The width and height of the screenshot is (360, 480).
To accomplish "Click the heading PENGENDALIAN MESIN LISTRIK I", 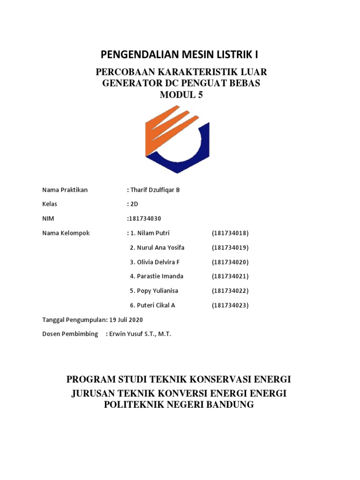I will click(180, 55).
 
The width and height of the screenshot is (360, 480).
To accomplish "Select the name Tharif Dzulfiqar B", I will click(155, 190).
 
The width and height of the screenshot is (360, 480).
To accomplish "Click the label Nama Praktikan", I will click(65, 190).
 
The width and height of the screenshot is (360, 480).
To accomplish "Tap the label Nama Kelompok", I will click(66, 233).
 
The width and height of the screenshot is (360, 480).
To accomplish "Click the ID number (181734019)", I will click(230, 247).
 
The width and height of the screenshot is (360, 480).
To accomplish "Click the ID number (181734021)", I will click(230, 277).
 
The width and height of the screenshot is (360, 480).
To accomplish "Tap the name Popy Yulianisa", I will click(154, 291).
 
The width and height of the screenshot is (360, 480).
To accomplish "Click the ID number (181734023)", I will click(230, 305).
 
